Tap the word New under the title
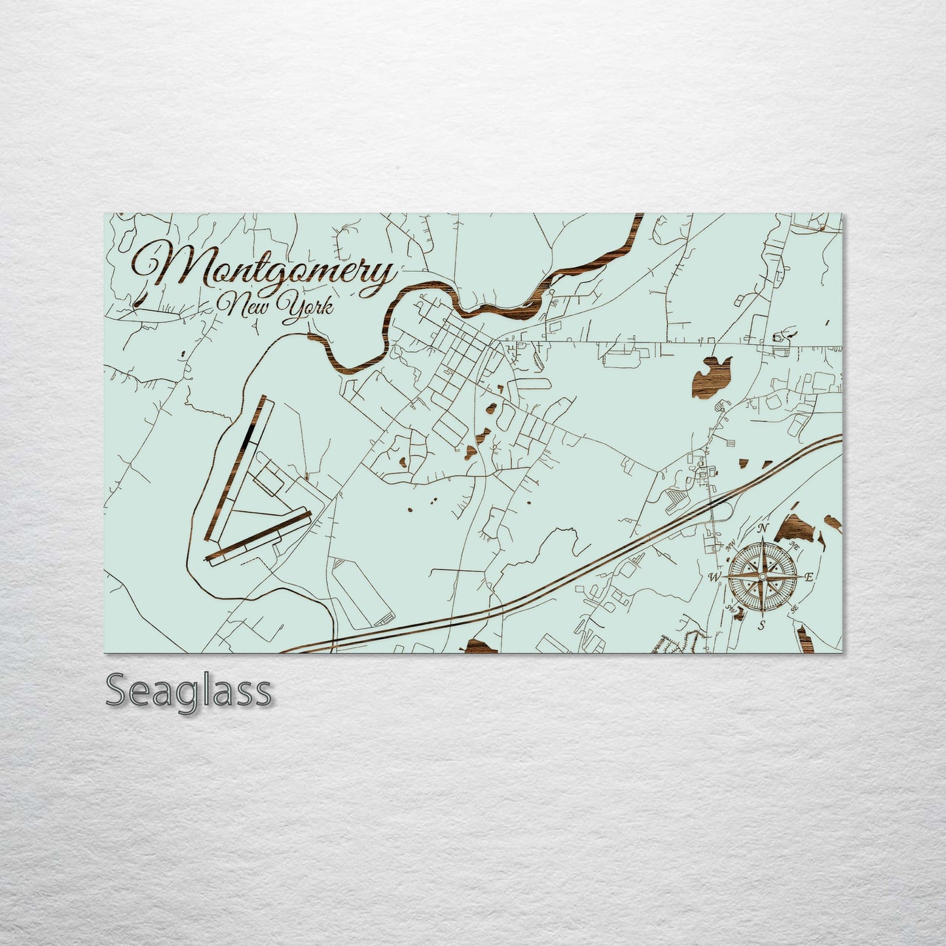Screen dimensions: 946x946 pyautogui.click(x=244, y=304)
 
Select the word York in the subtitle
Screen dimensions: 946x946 pyautogui.click(x=304, y=306)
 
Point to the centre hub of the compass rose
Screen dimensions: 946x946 pyautogui.click(x=761, y=576)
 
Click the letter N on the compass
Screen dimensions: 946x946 pyautogui.click(x=762, y=529)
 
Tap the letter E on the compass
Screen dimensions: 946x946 pyautogui.click(x=809, y=577)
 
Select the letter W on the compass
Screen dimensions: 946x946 pyautogui.click(x=715, y=577)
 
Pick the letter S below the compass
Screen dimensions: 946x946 pyautogui.click(x=761, y=625)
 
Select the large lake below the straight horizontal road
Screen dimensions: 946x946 pyautogui.click(x=707, y=378)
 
